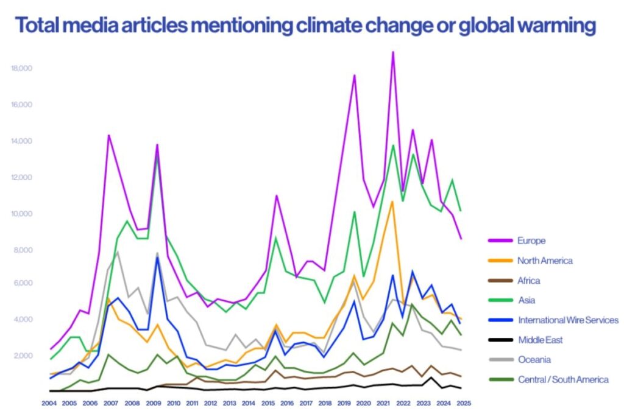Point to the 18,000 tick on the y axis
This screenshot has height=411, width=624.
click(21, 68)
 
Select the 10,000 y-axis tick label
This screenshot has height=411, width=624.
click(21, 214)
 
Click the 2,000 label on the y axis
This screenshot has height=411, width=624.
click(23, 356)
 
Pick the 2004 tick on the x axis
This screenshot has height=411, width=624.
click(49, 403)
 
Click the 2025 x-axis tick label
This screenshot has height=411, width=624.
click(464, 403)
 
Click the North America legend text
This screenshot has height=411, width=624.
click(545, 261)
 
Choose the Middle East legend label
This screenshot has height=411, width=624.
click(540, 340)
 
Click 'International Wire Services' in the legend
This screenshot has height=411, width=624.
click(568, 320)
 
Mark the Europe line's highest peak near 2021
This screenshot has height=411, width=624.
click(393, 52)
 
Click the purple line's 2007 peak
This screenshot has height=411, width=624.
click(108, 135)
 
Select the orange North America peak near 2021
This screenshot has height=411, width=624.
click(392, 202)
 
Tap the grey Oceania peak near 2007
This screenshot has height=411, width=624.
click(117, 251)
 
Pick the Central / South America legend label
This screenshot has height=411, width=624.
click(563, 379)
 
